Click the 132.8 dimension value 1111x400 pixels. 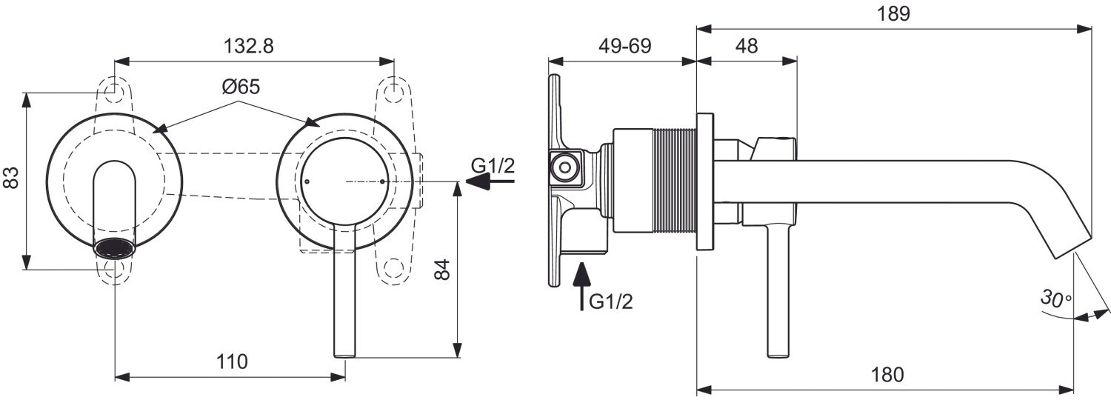pos(248,46)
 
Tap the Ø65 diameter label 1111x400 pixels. pos(240,87)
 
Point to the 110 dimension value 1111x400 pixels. pos(232,362)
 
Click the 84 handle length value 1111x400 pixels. pos(442,269)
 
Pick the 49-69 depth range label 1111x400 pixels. pos(624,46)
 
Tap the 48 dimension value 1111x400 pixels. pos(747,46)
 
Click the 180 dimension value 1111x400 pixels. pos(887,375)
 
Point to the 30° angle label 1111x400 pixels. pos(1055,299)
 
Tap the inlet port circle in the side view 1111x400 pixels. pos(567,167)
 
